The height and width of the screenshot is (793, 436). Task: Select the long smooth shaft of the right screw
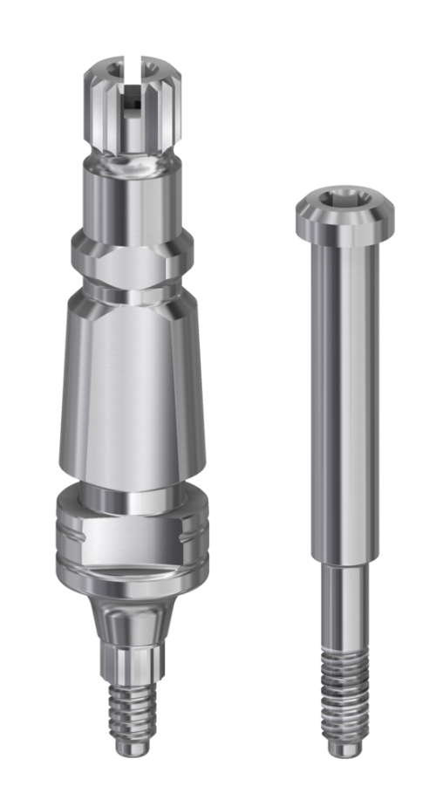(344, 393)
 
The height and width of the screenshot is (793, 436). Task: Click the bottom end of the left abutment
(131, 749)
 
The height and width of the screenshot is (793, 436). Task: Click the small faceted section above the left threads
(131, 663)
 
